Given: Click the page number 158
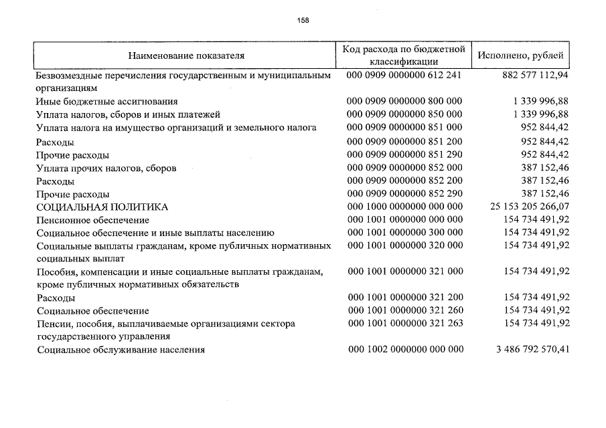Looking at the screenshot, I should [x=303, y=20].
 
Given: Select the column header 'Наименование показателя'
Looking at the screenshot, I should [x=187, y=55].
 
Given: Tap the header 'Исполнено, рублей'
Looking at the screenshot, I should [x=520, y=55].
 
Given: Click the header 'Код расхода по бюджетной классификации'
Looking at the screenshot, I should [x=404, y=55].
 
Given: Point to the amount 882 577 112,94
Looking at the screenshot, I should [x=535, y=76].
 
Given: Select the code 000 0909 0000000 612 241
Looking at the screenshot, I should [x=404, y=76].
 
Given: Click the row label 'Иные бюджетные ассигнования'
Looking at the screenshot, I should [x=107, y=102].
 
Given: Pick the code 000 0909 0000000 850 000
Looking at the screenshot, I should [x=404, y=114].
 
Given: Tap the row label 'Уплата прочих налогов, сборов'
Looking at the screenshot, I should [x=106, y=168].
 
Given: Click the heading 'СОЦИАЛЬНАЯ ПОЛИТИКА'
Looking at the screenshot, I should [x=102, y=207].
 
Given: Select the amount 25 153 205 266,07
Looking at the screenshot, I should [x=529, y=207].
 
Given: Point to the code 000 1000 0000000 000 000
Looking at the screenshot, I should [x=404, y=207].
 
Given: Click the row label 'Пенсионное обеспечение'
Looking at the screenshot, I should [x=93, y=220].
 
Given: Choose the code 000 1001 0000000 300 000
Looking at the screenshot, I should [x=404, y=232].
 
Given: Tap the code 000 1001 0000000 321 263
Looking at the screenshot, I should [x=404, y=323].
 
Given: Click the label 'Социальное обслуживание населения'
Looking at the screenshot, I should [x=121, y=350].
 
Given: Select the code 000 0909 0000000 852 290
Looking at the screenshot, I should [x=404, y=193].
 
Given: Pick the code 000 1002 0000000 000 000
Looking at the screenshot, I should [x=404, y=349].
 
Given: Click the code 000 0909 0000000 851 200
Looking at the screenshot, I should [x=404, y=141].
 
